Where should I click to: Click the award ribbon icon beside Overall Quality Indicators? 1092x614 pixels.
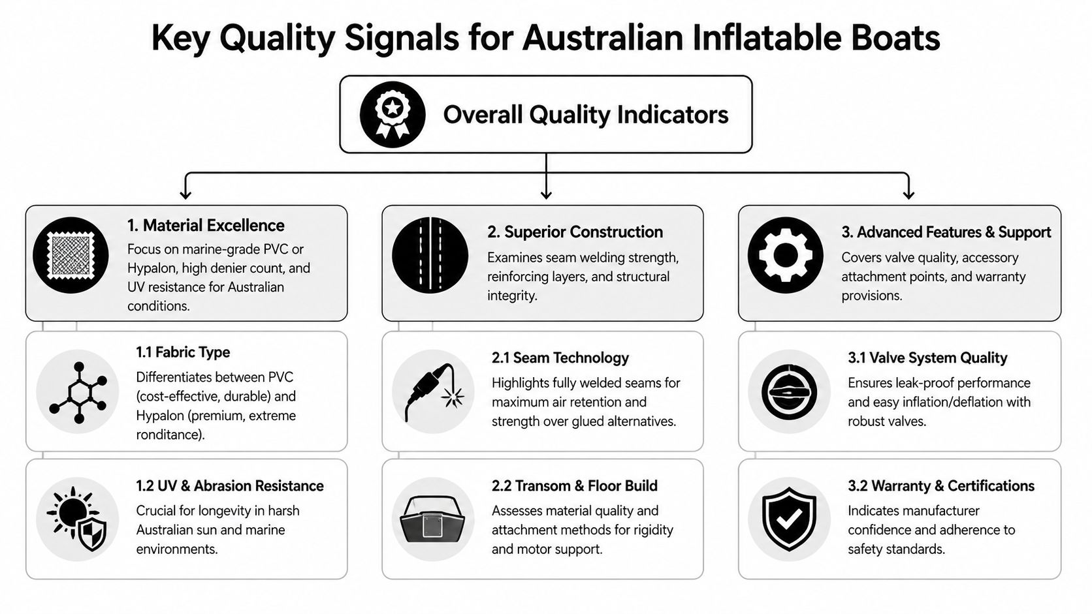(393, 114)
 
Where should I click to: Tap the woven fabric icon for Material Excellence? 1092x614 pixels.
(71, 255)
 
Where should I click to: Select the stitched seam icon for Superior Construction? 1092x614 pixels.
(430, 255)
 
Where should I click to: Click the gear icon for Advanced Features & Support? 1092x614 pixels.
(785, 255)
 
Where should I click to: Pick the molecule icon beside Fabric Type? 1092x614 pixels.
(78, 391)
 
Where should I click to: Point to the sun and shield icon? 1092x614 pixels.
(78, 519)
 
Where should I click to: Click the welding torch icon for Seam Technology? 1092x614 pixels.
(433, 391)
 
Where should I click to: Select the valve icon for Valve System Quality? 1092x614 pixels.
(789, 391)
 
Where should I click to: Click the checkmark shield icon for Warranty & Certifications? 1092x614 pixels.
(789, 519)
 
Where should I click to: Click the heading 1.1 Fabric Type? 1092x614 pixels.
(183, 352)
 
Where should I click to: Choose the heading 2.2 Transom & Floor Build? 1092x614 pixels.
(574, 486)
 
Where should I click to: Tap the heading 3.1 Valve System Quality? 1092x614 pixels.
(927, 358)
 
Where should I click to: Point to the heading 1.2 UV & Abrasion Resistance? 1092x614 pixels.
(230, 486)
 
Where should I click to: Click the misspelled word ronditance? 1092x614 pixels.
(169, 435)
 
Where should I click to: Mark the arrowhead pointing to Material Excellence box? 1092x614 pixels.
(185, 194)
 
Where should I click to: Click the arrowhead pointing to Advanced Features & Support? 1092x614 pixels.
(908, 194)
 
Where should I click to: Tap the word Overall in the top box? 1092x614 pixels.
(483, 115)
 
